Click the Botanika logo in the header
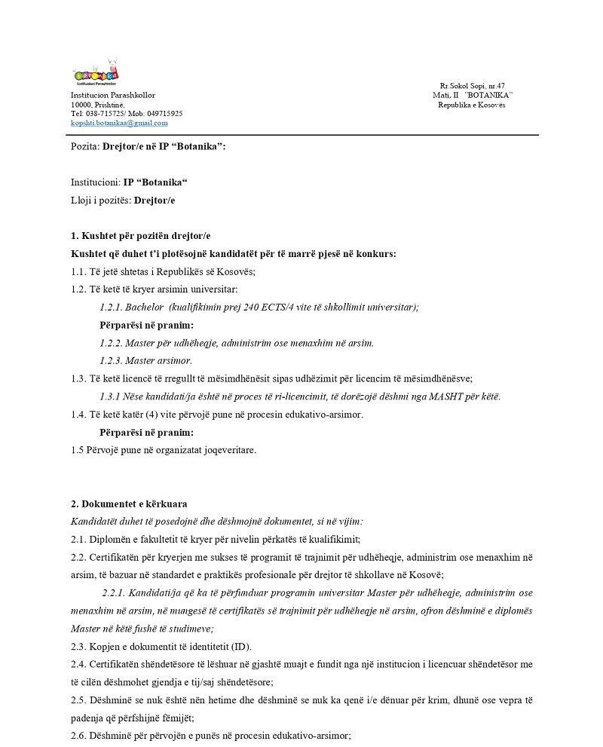point(95,75)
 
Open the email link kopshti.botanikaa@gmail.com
point(119,123)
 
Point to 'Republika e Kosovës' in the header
point(472,105)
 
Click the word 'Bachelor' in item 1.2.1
point(145,308)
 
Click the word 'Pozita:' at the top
point(85,146)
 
